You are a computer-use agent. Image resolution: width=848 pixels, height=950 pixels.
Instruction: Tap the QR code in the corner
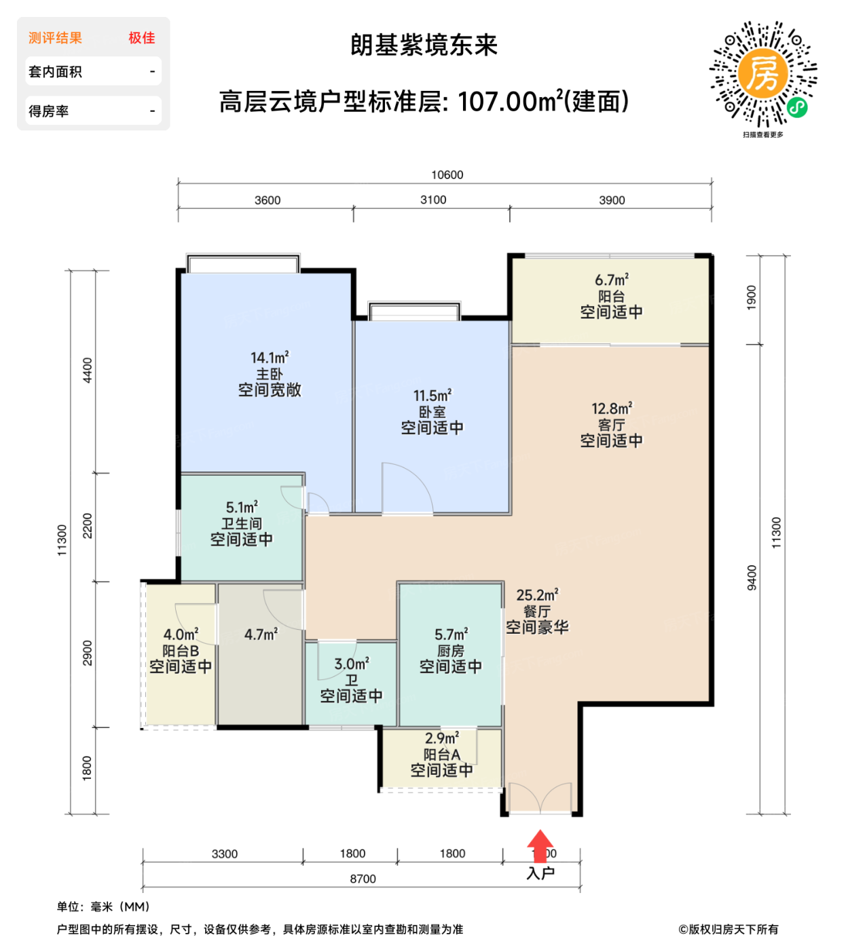click(x=763, y=74)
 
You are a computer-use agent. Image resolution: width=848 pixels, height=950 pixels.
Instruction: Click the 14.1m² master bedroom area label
click(x=270, y=358)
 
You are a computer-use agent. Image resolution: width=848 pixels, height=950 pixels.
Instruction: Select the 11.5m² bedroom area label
click(x=432, y=396)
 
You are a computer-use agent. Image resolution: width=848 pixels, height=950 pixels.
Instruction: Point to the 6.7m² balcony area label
click(x=611, y=280)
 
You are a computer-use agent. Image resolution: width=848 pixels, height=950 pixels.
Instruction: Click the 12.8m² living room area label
click(x=611, y=408)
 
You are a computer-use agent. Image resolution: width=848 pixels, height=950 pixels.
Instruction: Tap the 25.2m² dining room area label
click(x=537, y=595)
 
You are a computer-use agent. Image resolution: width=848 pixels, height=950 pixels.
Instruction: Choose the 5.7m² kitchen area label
click(x=451, y=634)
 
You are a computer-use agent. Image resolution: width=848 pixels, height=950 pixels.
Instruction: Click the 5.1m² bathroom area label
click(x=242, y=508)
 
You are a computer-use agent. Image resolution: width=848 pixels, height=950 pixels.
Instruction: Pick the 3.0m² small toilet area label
click(x=351, y=664)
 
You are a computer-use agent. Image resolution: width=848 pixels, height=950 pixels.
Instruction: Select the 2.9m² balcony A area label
click(x=441, y=738)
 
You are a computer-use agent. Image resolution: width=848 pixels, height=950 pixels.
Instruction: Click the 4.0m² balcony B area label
click(x=181, y=634)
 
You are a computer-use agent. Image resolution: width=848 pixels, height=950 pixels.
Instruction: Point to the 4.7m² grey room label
click(x=261, y=634)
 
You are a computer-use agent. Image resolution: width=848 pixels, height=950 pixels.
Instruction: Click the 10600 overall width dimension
click(x=447, y=175)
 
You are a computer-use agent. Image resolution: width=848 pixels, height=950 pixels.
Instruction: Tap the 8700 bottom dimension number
click(x=363, y=879)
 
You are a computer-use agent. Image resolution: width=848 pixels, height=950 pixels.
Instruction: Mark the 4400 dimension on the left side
click(x=88, y=370)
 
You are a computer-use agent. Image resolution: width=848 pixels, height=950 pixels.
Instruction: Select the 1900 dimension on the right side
click(x=751, y=298)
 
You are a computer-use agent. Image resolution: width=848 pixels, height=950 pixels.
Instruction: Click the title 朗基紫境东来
click(x=424, y=45)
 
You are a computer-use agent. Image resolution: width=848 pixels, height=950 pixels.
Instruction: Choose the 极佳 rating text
click(x=141, y=38)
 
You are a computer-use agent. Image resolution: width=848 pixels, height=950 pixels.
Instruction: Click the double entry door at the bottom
click(x=540, y=798)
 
